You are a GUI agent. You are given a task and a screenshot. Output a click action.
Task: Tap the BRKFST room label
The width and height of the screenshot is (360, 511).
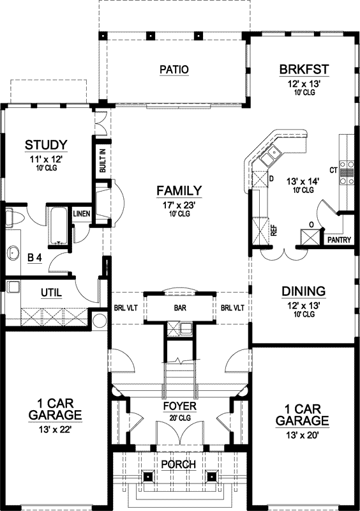(x=303, y=69)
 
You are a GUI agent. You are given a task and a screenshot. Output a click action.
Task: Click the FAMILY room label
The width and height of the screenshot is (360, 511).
(x=179, y=190)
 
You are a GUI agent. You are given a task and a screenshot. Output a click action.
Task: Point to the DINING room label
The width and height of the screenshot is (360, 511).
(x=303, y=291)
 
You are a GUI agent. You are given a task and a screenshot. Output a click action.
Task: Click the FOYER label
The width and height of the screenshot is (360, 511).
(x=179, y=406)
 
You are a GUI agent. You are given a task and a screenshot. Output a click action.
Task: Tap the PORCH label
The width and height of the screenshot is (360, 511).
(x=179, y=464)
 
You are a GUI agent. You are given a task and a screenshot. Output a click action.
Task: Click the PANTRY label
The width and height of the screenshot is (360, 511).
(x=339, y=240)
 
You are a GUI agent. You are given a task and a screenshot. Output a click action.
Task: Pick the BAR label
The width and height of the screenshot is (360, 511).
(x=179, y=307)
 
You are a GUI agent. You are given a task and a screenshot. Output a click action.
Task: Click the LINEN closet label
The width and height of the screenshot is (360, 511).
(x=81, y=214)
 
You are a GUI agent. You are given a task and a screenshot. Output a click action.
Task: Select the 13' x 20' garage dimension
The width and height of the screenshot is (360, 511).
(x=303, y=436)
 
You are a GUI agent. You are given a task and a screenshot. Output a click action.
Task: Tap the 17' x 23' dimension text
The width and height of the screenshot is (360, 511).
(x=179, y=205)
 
